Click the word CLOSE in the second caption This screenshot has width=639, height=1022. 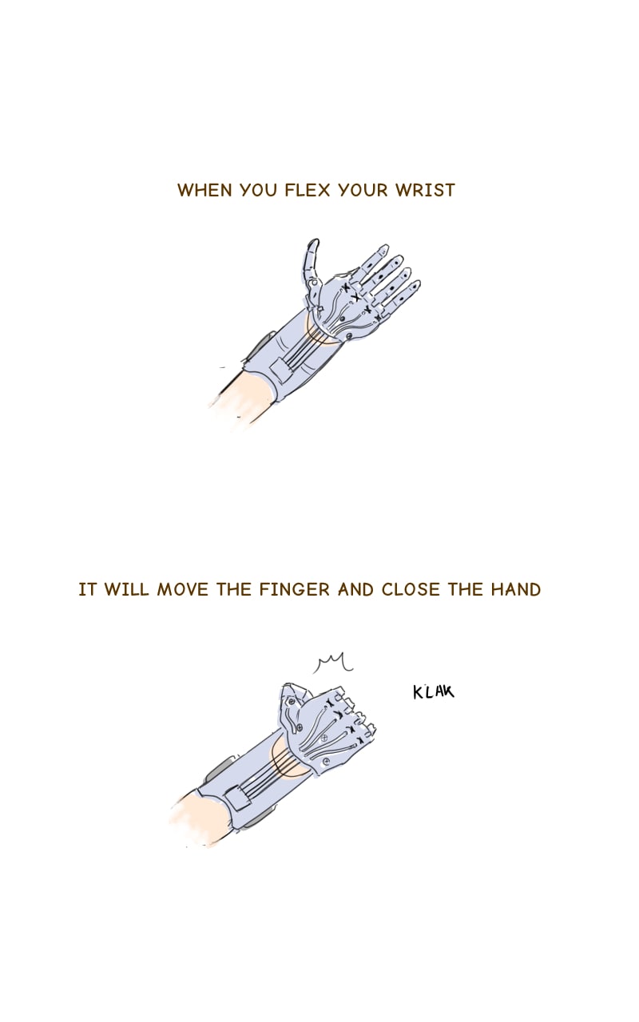coord(410,589)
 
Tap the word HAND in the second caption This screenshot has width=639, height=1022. coord(516,589)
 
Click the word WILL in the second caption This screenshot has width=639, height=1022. coord(126,589)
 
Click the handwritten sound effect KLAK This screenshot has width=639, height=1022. coord(434,691)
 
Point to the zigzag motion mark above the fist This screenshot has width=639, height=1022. coord(333,663)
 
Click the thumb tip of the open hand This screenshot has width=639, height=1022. coord(314,242)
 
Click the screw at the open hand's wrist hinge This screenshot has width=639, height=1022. coord(349,336)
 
